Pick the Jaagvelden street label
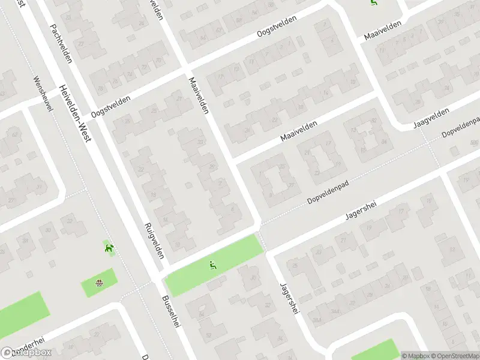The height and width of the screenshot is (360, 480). pyautogui.click(x=431, y=118)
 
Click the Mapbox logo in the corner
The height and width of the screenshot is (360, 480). pyautogui.click(x=25, y=353)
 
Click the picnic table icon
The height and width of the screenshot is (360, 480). pyautogui.click(x=100, y=283)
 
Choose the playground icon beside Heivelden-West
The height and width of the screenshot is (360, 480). pyautogui.click(x=109, y=248)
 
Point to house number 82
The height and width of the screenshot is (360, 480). pyautogui.click(x=374, y=121)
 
